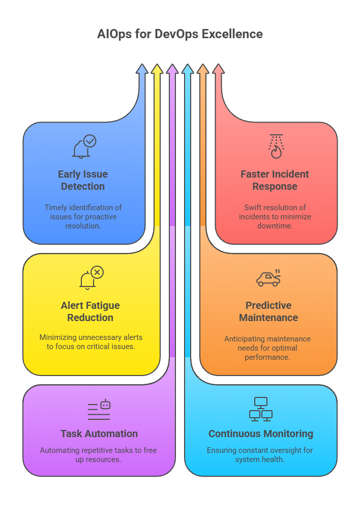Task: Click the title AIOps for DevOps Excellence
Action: coord(180,35)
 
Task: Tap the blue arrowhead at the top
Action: coord(142,69)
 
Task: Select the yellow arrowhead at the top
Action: coord(157,69)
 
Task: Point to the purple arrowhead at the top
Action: coord(172,69)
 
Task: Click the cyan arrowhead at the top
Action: coord(188,69)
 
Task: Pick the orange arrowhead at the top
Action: coord(203,69)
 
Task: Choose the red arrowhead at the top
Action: coord(218,69)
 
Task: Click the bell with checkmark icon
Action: coord(84,147)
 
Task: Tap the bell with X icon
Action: coord(91,278)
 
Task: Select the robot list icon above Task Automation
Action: coord(99,410)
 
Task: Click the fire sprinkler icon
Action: coord(276,147)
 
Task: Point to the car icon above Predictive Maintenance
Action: coord(268,278)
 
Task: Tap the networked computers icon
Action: coord(261,409)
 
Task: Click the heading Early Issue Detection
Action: coord(83,180)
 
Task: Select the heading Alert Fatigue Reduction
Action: coord(91,311)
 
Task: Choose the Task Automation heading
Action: coord(99,434)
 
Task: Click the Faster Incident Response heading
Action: coord(275,180)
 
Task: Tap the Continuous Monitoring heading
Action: coord(261,434)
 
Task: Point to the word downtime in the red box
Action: coord(275,225)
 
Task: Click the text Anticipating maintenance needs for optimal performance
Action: coord(267,348)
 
